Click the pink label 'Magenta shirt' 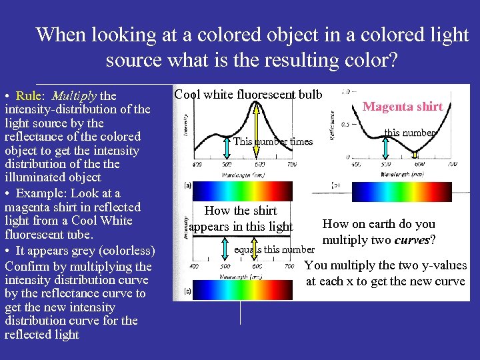[402, 106]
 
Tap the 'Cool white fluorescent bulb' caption [248, 94]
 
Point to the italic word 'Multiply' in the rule [74, 95]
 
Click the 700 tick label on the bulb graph [291, 164]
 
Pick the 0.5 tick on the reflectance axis [345, 124]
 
